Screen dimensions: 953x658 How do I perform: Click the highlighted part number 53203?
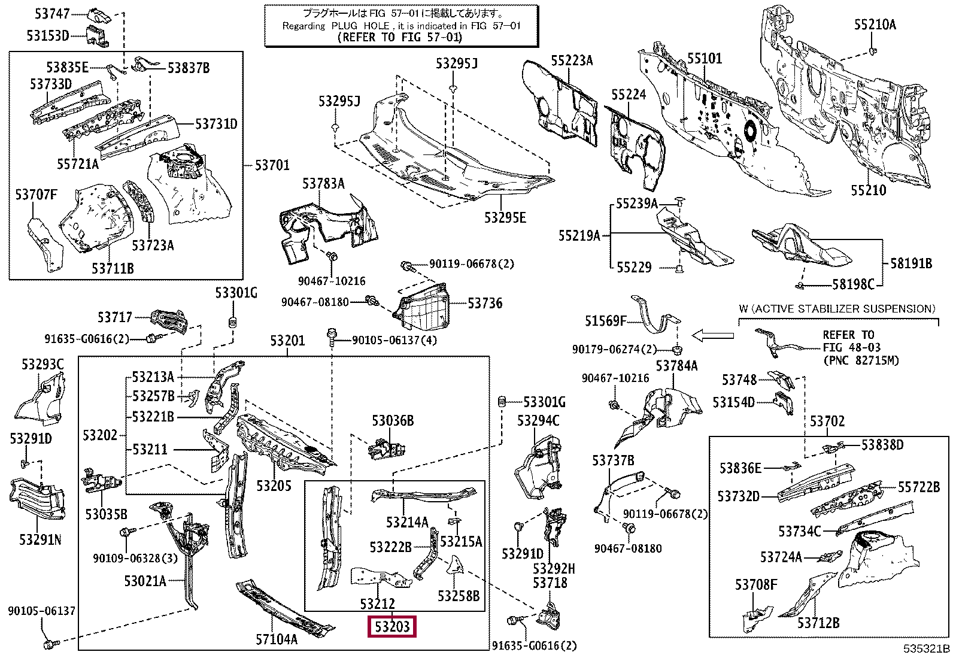coord(392,626)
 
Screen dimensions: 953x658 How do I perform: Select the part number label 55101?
coord(705,58)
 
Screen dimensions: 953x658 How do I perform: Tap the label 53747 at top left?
coord(52,14)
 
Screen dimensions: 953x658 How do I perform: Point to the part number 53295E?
coord(505,217)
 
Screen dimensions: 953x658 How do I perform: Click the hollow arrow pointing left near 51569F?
coord(712,336)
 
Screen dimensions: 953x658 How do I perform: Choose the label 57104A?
coord(277,639)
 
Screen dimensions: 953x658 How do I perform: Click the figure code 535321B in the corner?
coord(927,648)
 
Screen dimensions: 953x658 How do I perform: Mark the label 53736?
coord(485,303)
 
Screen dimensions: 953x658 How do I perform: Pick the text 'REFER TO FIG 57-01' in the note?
coord(400,38)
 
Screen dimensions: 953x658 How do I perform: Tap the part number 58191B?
coord(911,263)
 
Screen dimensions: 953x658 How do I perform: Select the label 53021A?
coord(145,581)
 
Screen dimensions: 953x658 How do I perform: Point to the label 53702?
coord(827,422)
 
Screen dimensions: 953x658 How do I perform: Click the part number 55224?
coord(629,95)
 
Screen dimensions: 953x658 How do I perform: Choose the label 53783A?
coord(323,183)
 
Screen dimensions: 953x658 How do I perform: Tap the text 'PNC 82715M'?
coord(863,360)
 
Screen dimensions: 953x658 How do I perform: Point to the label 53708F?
coord(756,585)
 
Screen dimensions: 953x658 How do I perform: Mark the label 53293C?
coord(43,365)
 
